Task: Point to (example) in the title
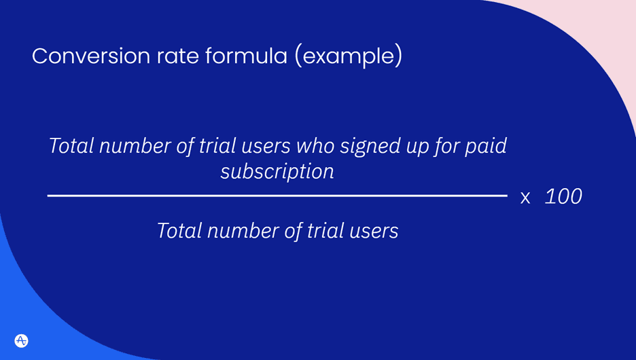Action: (349, 56)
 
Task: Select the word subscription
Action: (277, 172)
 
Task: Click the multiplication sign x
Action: (525, 198)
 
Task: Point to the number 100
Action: (563, 197)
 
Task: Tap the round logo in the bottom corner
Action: (21, 340)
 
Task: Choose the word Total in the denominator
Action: (179, 231)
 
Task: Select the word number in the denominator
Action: (241, 231)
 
